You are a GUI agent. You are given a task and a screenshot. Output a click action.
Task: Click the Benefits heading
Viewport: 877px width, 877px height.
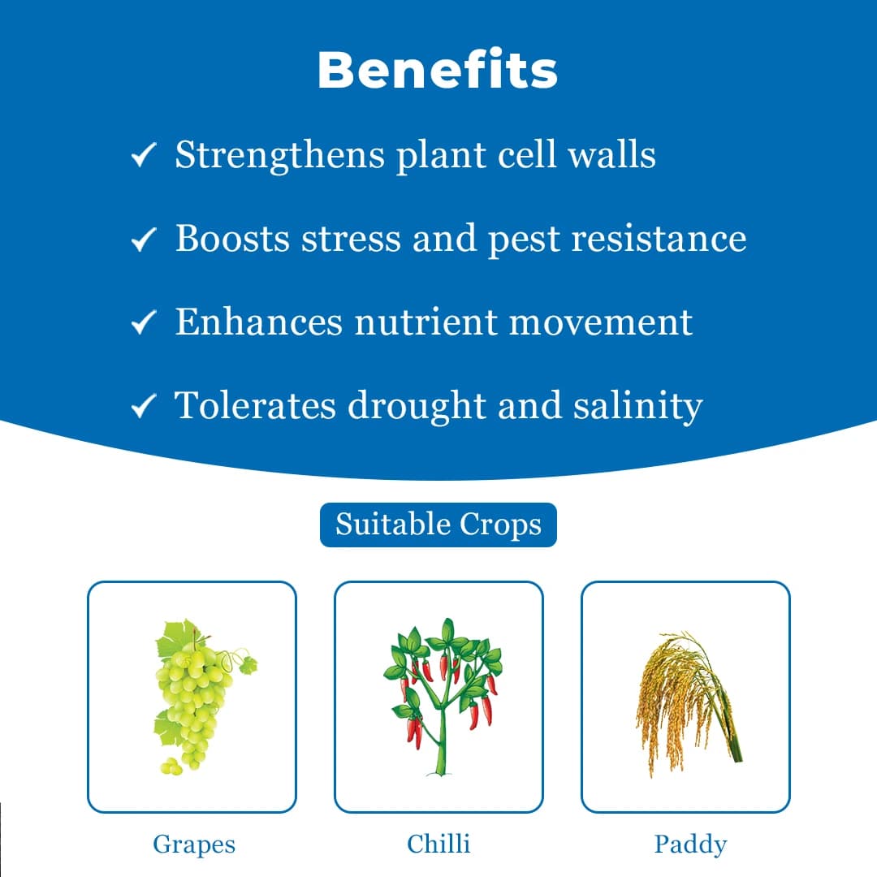pos(438,71)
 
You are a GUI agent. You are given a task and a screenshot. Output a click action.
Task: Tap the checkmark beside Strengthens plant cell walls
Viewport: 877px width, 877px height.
pos(142,156)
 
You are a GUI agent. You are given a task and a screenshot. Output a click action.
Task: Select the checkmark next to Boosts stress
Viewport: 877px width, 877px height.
pos(142,240)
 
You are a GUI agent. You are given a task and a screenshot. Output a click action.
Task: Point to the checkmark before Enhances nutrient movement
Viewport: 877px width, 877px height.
pos(142,323)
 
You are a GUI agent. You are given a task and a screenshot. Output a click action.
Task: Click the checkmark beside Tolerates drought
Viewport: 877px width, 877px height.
pos(142,406)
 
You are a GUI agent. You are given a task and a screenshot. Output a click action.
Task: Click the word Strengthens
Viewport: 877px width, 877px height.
pos(279,154)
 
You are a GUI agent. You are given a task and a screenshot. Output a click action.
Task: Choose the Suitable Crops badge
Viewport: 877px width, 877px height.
pos(438,525)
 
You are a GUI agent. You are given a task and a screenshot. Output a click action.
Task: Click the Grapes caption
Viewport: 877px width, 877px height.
pos(193,845)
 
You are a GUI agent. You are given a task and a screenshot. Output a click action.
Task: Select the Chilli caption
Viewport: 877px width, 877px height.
pos(438,844)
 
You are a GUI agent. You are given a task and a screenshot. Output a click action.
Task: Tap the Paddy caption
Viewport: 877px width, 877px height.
pos(689,845)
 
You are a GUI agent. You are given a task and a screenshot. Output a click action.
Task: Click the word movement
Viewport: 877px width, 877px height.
pos(600,322)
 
